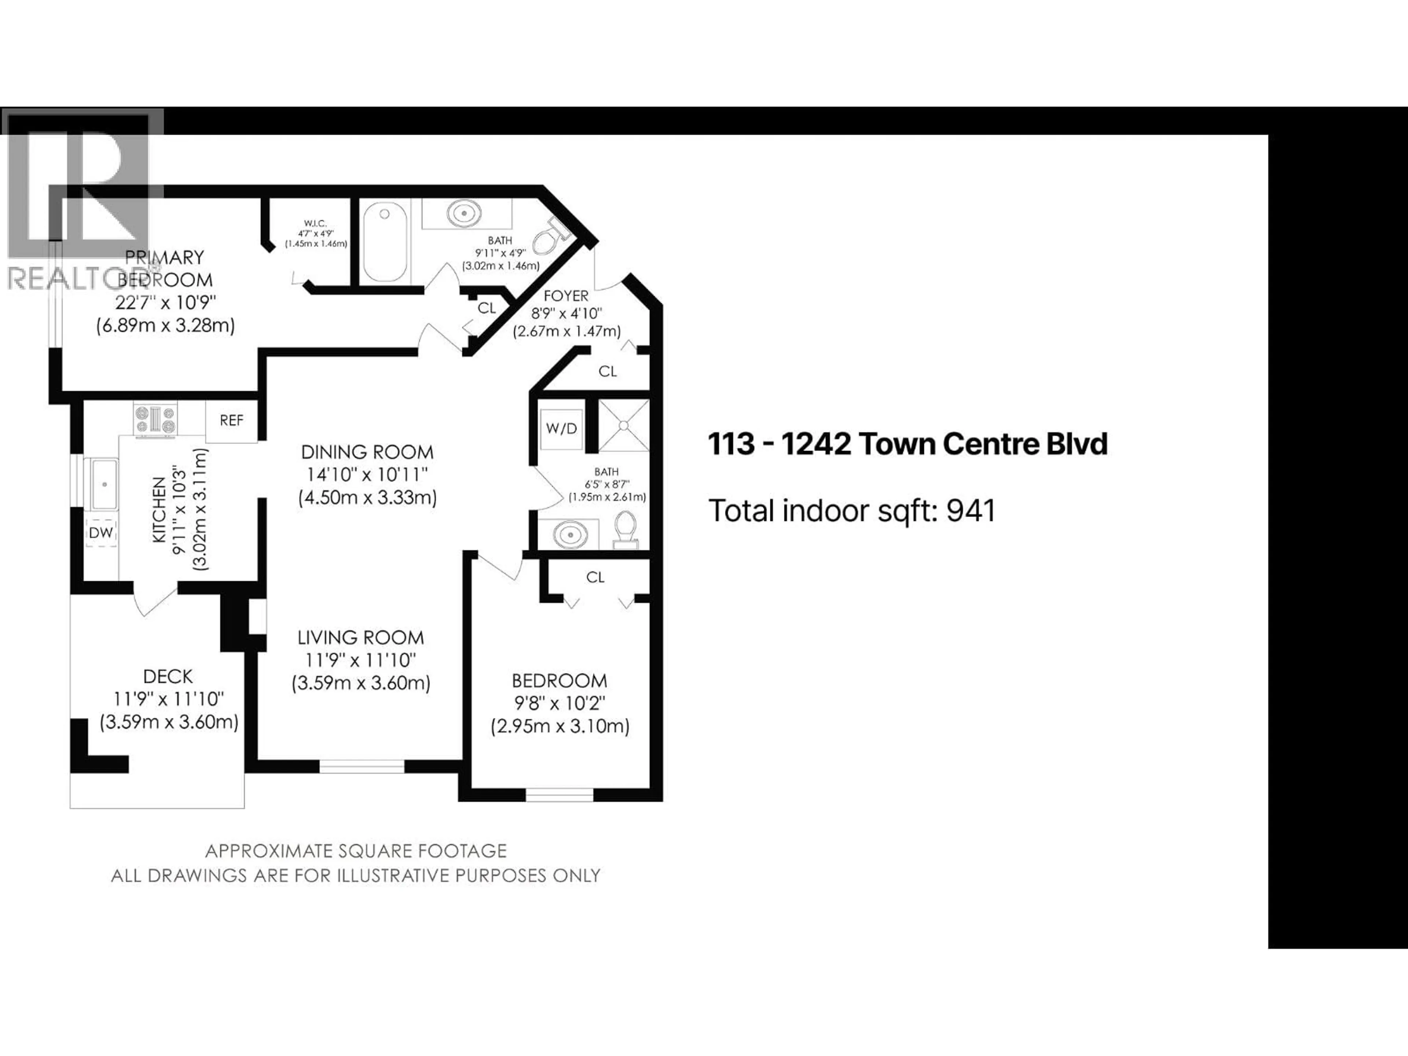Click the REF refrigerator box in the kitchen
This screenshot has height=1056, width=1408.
point(231,420)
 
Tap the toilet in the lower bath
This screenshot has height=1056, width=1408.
point(626,529)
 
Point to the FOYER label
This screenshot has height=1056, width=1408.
point(566,296)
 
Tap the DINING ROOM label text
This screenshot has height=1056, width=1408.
point(367,452)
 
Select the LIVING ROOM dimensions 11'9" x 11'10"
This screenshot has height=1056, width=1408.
point(360,660)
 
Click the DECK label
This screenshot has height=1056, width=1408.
point(168,676)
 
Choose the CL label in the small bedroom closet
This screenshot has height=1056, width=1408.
point(595,577)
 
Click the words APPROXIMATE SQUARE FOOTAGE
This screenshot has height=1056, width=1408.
point(356,851)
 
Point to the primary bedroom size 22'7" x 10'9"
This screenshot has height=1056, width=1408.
point(165,302)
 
